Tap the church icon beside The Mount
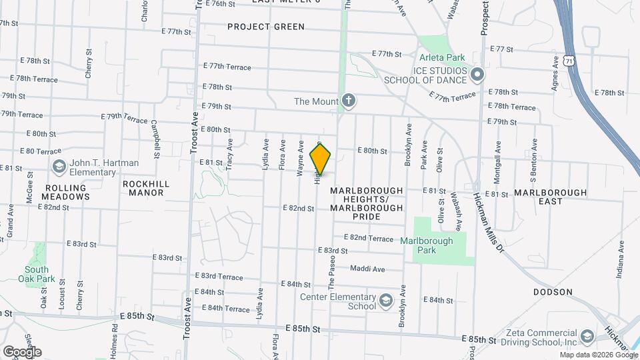[x=348, y=101]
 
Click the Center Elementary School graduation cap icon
[x=386, y=301]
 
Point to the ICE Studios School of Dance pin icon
[x=477, y=74]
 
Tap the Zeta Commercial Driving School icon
[x=587, y=336]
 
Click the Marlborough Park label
[x=427, y=245]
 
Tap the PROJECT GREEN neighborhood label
[x=265, y=27]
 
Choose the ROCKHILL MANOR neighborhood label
[x=146, y=188]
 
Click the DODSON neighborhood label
[x=553, y=292]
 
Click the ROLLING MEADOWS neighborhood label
[x=65, y=193]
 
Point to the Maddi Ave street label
[x=368, y=269]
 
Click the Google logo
[x=22, y=351]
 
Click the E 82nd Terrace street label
[x=369, y=238]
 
